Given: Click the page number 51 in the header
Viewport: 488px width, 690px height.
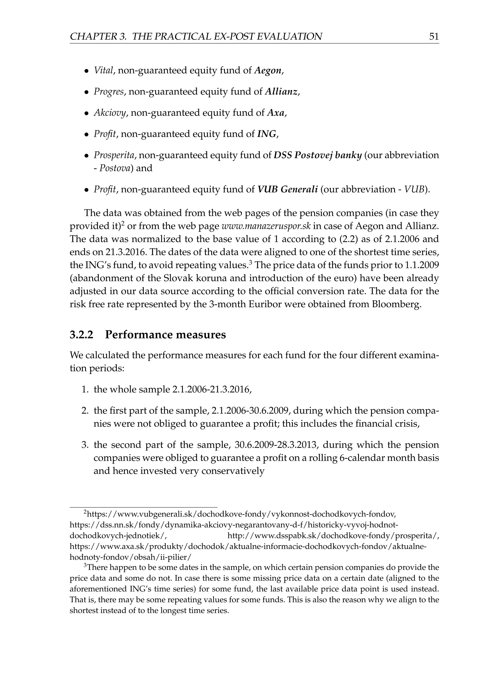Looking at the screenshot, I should click(434, 36).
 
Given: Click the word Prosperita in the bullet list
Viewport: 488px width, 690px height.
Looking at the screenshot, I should click(115, 155).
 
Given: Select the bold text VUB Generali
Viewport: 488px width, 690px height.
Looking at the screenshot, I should click(288, 189).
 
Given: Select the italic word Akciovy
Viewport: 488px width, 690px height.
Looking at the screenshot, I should click(111, 113).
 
